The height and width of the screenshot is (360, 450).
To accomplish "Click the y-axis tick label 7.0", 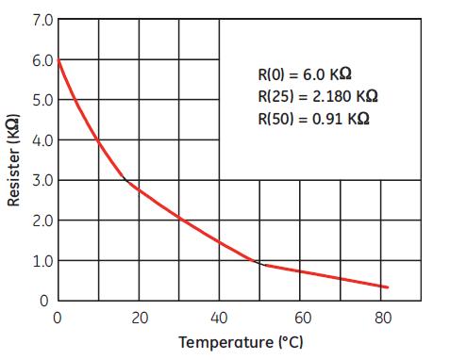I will click(x=42, y=20).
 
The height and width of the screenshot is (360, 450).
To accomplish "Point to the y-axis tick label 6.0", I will click(x=42, y=59).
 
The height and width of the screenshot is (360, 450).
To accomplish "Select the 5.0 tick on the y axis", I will click(x=42, y=100).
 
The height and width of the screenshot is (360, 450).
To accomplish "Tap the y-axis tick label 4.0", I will click(x=42, y=140).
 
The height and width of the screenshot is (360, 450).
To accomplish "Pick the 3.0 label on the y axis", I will click(x=42, y=180).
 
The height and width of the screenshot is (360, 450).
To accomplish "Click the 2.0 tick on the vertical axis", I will click(x=42, y=221).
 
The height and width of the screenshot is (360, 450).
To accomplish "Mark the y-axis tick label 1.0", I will click(x=42, y=261).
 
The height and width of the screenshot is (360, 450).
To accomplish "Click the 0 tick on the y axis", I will click(x=44, y=301).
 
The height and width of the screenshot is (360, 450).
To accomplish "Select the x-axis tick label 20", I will click(x=139, y=318).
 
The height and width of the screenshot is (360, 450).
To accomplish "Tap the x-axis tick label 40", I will click(x=220, y=318).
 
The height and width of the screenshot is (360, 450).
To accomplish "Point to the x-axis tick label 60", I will click(x=301, y=318).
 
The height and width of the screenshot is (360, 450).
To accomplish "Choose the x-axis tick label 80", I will click(x=382, y=318).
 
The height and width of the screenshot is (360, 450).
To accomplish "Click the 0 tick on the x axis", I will click(x=58, y=318).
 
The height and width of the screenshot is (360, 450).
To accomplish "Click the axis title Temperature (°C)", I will click(x=241, y=341).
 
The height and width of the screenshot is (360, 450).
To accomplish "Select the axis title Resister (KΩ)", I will click(x=13, y=160).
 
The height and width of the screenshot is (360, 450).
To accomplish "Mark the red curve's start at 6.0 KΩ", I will click(x=58, y=59).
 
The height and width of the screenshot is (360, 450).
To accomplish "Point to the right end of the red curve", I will click(x=387, y=287).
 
